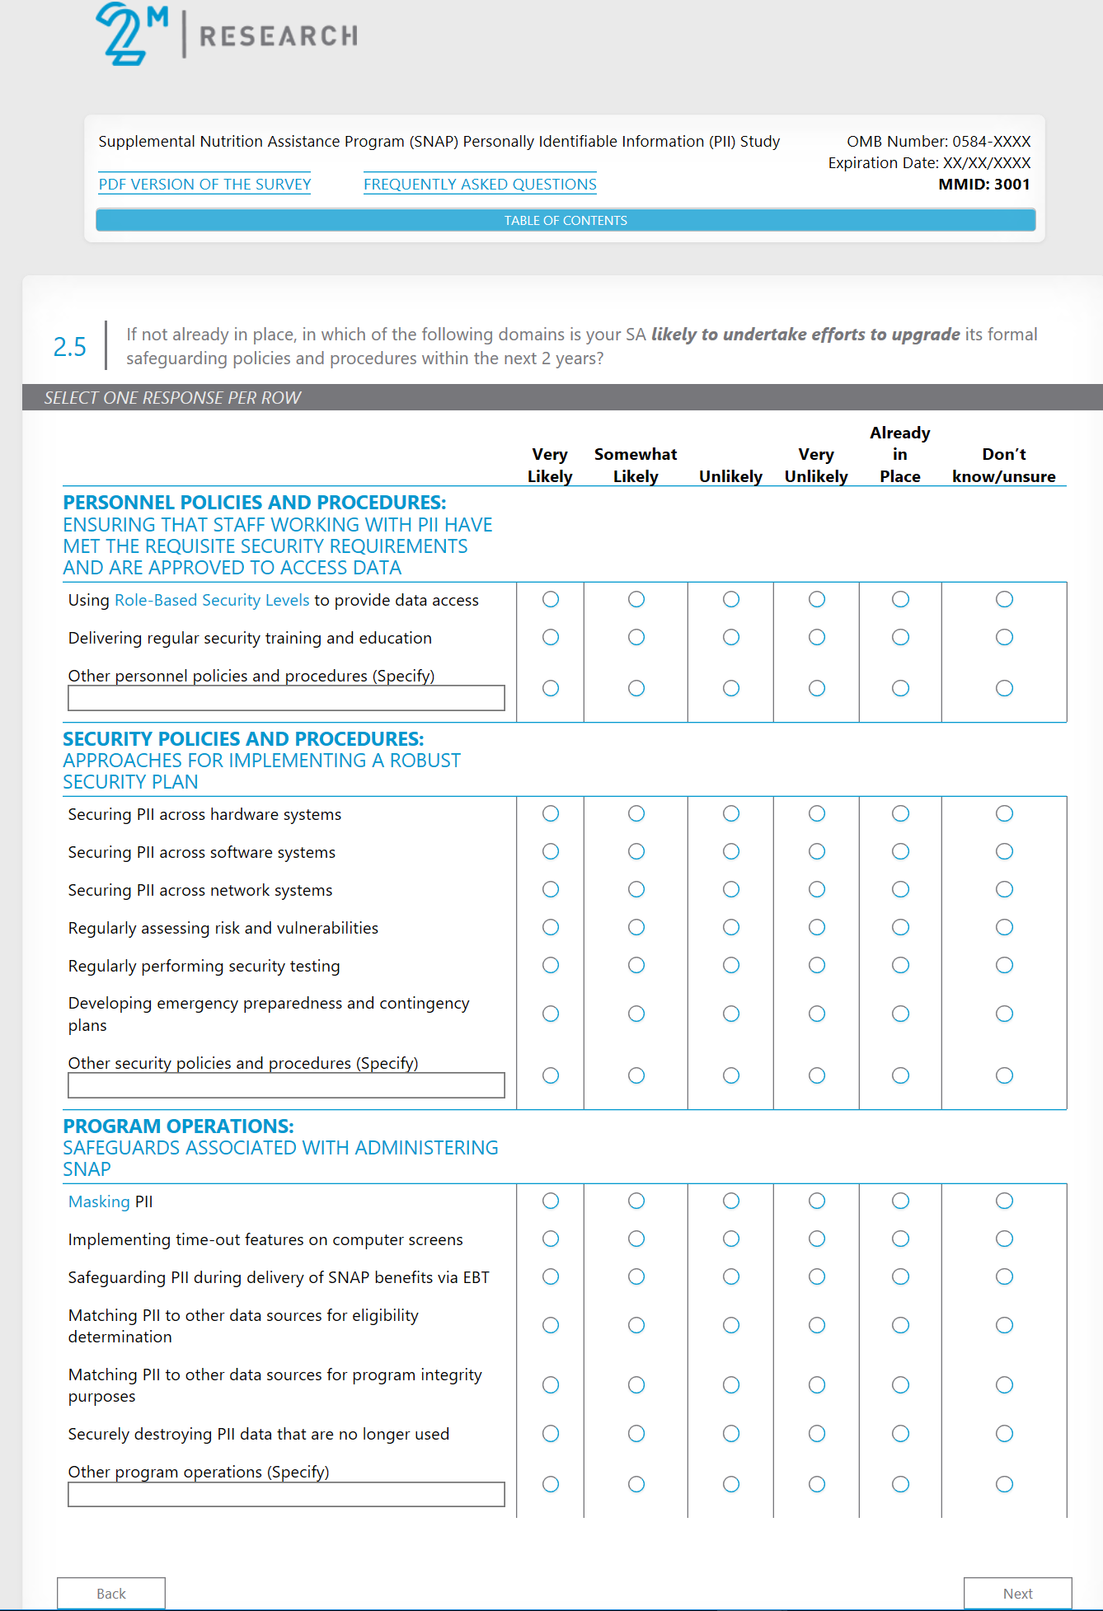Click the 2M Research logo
pos(227,35)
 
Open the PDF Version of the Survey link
pos(204,184)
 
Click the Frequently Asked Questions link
pos(480,184)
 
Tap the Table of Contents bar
pos(566,220)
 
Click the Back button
pos(111,1593)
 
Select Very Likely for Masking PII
pos(551,1201)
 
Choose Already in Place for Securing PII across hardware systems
pos(900,813)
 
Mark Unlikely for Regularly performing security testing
pos(730,965)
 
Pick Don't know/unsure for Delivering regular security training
pos(1004,637)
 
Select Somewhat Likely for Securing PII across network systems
pos(636,889)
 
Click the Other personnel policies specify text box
pos(286,698)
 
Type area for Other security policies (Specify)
pos(286,1085)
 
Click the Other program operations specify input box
pos(286,1494)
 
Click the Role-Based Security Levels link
pos(212,600)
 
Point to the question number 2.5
pos(70,347)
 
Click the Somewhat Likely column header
pos(636,465)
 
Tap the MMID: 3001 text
pos(983,184)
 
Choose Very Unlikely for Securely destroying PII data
pos(816,1433)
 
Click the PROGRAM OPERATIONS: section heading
pos(178,1126)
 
